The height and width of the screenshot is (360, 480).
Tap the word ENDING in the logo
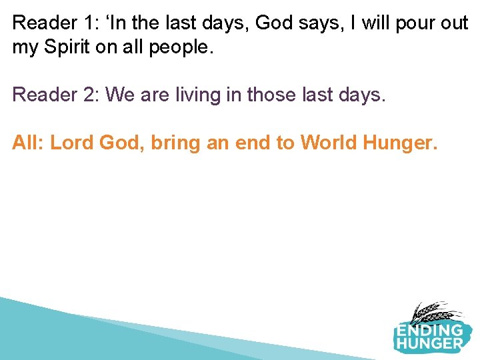point(429,330)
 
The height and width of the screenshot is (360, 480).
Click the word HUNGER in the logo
point(429,344)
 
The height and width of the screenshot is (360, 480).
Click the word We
point(120,95)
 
